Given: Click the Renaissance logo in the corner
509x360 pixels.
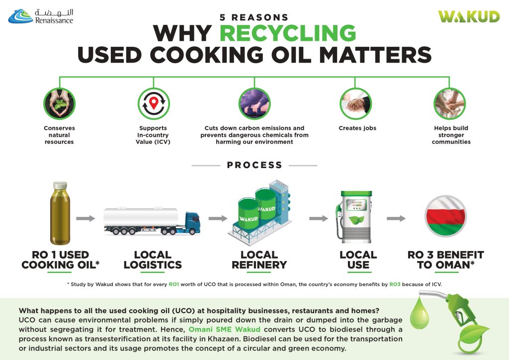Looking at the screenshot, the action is tap(41, 16).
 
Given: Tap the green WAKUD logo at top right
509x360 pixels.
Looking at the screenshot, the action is tap(469, 16).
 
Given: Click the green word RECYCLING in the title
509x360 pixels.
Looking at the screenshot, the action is tap(288, 33).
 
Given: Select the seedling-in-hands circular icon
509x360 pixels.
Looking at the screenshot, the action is tap(60, 104).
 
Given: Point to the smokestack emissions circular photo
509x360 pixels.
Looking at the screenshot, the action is tap(254, 104).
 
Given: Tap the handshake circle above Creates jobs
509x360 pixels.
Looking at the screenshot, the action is tap(356, 104).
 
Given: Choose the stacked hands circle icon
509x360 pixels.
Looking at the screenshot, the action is tap(450, 104).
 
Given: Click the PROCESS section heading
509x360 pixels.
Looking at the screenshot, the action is tap(254, 165).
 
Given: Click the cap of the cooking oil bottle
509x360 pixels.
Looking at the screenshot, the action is tap(60, 185).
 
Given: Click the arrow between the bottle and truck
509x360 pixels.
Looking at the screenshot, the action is tap(85, 218).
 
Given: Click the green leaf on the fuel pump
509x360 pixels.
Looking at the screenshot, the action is tap(356, 221).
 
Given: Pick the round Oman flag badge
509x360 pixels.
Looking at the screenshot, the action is tap(446, 216).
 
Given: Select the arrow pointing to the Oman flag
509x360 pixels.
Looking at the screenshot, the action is tap(396, 218).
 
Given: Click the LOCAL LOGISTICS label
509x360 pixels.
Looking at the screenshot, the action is tap(153, 260).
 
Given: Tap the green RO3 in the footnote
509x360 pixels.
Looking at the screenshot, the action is tap(395, 284).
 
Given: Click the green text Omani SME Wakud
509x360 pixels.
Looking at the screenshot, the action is tap(224, 330).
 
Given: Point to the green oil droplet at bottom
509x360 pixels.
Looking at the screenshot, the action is tap(420, 314).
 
